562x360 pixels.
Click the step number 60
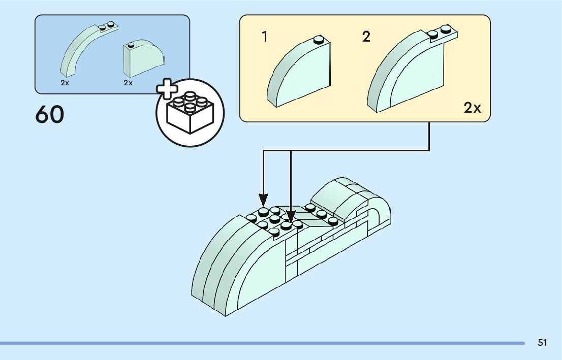[50, 115]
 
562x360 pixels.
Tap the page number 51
[542, 343]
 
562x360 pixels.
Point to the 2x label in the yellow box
[472, 108]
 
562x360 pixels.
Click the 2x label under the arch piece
[65, 83]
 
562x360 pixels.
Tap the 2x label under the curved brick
[128, 83]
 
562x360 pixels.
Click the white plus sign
[167, 90]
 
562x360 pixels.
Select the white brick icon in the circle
[190, 114]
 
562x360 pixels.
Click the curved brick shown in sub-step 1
[300, 74]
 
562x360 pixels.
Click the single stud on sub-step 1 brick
[319, 39]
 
